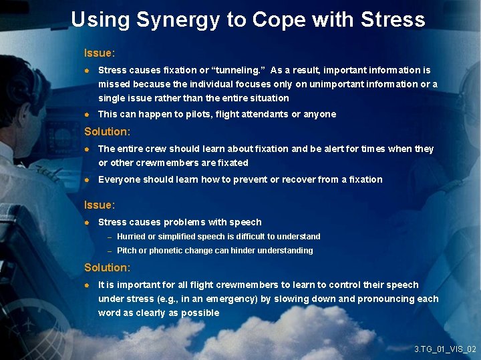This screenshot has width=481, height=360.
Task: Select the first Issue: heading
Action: click(x=100, y=52)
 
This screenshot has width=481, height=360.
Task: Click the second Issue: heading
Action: click(x=100, y=205)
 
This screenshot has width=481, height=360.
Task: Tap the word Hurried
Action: click(x=132, y=237)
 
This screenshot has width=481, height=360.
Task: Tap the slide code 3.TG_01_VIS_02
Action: click(x=445, y=349)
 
